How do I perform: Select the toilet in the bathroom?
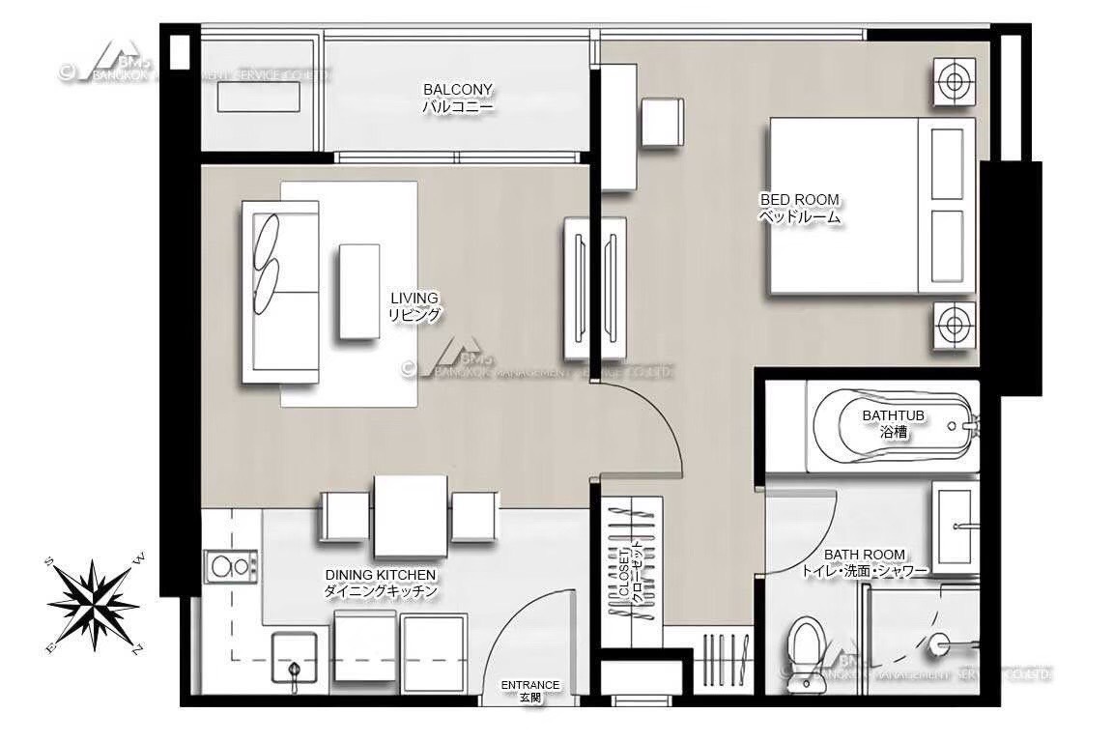804,649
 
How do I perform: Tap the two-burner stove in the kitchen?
230,563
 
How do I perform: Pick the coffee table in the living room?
359,290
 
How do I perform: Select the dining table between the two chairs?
411,515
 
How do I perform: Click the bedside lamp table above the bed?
954,82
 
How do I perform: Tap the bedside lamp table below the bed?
954,325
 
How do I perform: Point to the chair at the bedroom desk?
663,122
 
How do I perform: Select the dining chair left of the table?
346,516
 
